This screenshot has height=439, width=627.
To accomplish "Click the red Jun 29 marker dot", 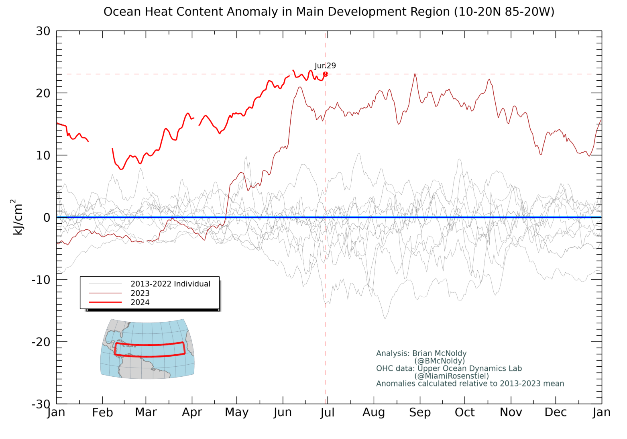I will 325,74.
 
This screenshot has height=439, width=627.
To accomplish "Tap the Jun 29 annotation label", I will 325,65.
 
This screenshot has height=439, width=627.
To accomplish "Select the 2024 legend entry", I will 140,302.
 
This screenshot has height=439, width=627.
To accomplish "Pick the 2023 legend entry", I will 140,293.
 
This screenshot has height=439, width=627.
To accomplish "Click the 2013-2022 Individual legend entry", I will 170,284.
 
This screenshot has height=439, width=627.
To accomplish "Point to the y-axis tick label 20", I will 43,93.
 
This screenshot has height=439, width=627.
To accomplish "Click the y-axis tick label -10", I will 41,280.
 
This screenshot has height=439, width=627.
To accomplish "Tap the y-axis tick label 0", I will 47,217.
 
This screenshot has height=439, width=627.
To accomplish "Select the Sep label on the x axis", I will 420,412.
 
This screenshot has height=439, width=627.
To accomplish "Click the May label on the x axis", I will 236,412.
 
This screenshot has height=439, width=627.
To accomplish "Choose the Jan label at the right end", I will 601,412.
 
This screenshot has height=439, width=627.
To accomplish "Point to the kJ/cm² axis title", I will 17,217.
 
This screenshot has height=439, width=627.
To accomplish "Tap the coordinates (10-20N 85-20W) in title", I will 504,12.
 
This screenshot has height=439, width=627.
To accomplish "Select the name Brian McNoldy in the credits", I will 439,353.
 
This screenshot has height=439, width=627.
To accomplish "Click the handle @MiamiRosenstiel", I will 452,376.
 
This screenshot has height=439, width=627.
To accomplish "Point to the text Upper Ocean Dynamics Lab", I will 470,368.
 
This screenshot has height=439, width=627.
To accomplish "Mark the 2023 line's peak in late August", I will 415,74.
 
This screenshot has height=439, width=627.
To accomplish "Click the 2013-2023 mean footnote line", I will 470,384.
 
